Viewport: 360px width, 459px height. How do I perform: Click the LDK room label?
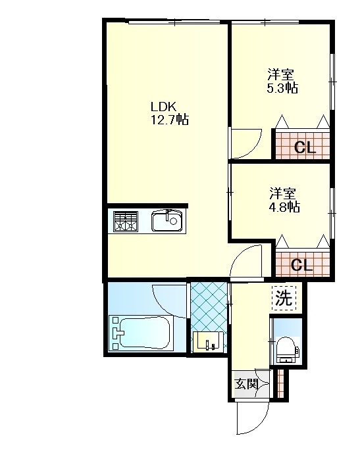(163, 107)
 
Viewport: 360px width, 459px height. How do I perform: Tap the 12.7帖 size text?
(169, 120)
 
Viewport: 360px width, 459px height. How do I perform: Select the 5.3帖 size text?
(282, 87)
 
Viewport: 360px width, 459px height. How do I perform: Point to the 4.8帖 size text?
(284, 207)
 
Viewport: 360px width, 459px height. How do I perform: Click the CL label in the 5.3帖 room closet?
(305, 147)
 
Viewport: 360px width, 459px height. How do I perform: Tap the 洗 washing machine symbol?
(284, 298)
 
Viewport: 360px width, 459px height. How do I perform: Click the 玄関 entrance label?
(247, 384)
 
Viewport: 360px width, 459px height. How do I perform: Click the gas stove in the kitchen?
(125, 222)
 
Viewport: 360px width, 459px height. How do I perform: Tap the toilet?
(288, 350)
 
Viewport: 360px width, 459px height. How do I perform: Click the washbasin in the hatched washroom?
(209, 341)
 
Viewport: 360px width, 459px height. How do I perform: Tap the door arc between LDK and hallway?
(240, 255)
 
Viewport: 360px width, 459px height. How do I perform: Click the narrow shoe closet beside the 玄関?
(280, 383)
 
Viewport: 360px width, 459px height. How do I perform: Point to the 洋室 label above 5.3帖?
(280, 75)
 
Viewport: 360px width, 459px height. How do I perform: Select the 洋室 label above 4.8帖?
(282, 194)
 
